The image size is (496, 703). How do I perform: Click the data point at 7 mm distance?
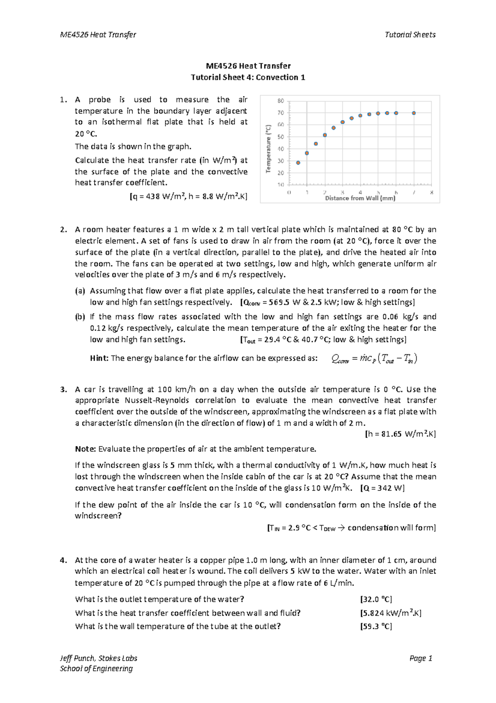pyautogui.click(x=414, y=113)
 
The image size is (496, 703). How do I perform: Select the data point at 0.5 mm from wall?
pyautogui.click(x=298, y=163)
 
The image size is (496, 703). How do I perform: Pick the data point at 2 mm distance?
pyautogui.click(x=325, y=135)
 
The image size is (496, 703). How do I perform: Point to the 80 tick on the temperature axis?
pyautogui.click(x=281, y=101)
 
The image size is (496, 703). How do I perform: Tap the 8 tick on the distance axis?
pyautogui.click(x=432, y=193)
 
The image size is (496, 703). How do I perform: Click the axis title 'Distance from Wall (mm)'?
pyautogui.click(x=360, y=198)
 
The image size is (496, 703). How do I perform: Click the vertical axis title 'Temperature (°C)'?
pyautogui.click(x=268, y=149)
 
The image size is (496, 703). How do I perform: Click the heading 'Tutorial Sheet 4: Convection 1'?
pyautogui.click(x=248, y=77)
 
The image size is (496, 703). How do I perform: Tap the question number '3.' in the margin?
pyautogui.click(x=63, y=390)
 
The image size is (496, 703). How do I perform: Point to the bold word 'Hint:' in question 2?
pyautogui.click(x=99, y=359)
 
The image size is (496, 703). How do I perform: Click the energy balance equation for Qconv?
pyautogui.click(x=375, y=359)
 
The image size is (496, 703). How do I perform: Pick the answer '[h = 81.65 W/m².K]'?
pyautogui.click(x=400, y=434)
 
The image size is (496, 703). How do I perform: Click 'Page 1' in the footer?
pyautogui.click(x=420, y=658)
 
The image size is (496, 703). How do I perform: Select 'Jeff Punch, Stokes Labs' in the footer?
pyautogui.click(x=99, y=658)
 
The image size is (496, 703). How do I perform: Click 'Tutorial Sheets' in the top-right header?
pyautogui.click(x=410, y=35)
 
